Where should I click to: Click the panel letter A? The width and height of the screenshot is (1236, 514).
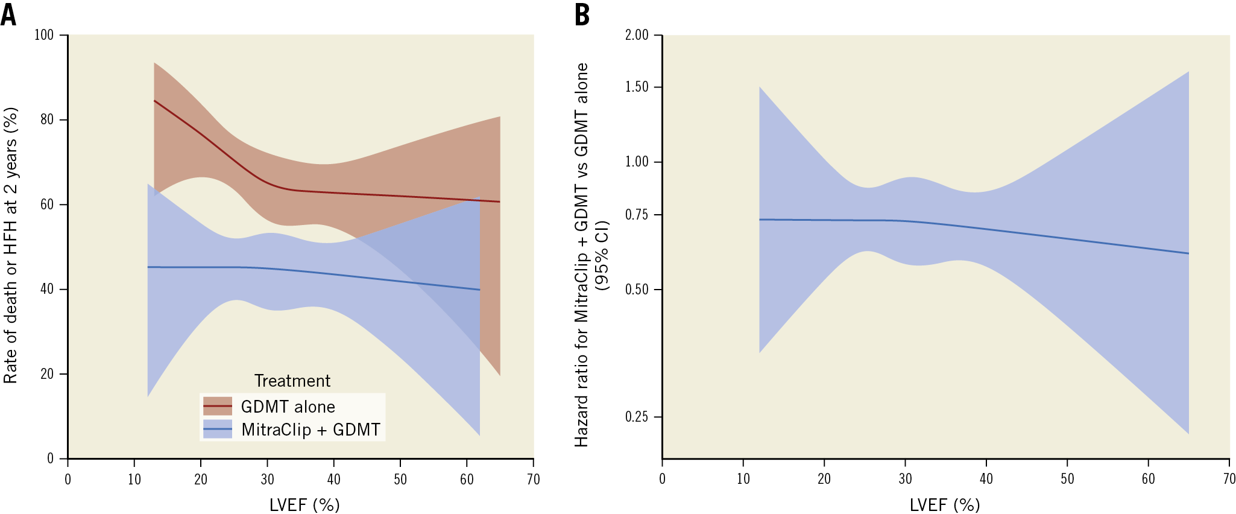click(8, 14)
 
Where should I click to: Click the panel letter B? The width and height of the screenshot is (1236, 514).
click(582, 14)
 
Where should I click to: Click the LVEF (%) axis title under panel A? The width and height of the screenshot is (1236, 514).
click(304, 504)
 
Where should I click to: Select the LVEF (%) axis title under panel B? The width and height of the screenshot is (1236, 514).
click(945, 504)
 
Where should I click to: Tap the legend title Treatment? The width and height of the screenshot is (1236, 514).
click(292, 381)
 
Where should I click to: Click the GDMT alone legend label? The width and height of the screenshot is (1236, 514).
click(288, 407)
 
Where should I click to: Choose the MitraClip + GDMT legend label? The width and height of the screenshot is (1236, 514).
click(311, 430)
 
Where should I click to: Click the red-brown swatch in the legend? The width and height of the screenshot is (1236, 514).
click(218, 406)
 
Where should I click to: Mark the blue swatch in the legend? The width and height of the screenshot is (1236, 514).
click(218, 429)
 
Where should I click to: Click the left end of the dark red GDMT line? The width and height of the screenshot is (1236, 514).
click(155, 101)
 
